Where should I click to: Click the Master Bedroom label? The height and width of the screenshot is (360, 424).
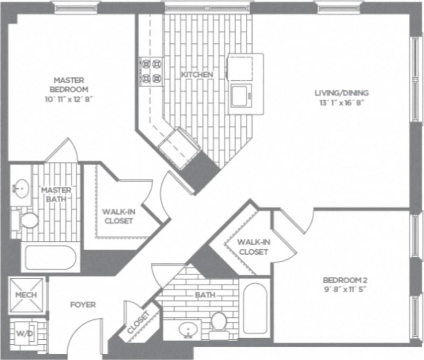[69, 85]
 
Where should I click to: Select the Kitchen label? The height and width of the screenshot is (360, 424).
[197, 74]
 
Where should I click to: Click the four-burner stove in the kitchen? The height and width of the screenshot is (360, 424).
[151, 71]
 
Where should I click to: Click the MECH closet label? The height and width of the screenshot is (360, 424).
[26, 295]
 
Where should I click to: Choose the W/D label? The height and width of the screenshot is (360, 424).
[25, 334]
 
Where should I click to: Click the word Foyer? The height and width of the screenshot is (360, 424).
[83, 305]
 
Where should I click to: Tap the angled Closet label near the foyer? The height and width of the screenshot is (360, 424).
[138, 322]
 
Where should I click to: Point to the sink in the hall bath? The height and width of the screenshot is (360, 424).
[187, 329]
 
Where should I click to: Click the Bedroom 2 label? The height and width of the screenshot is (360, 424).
[345, 280]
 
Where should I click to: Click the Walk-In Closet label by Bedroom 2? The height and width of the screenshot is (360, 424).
[253, 247]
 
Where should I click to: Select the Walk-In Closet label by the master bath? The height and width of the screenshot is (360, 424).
[119, 216]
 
